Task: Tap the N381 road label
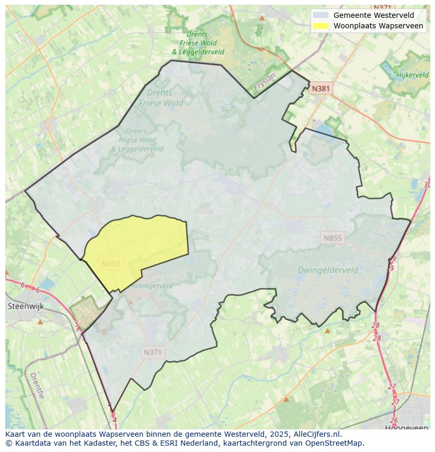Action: (x=320, y=89)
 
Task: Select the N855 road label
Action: (x=333, y=238)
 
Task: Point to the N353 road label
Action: (x=110, y=264)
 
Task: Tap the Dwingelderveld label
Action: (x=328, y=270)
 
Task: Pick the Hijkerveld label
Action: (x=412, y=75)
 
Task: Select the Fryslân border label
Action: (x=264, y=83)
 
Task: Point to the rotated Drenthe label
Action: (x=37, y=386)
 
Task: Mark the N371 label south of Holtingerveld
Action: (x=152, y=353)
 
